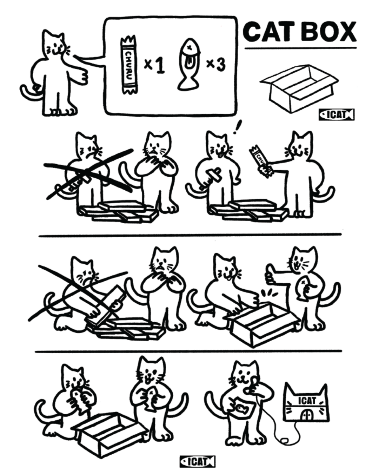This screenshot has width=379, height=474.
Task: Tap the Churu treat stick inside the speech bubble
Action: coord(129,64)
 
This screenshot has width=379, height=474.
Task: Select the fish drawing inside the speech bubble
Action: coord(189,65)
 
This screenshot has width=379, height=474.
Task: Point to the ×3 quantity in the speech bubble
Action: coord(216,64)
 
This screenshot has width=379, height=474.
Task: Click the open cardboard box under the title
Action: coord(299,88)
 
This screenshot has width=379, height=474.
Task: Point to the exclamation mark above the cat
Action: coord(238,127)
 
